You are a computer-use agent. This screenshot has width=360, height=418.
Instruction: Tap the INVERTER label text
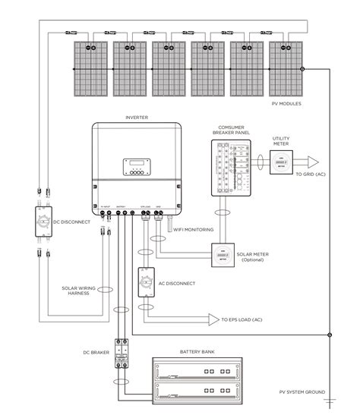pyautogui.click(x=136, y=117)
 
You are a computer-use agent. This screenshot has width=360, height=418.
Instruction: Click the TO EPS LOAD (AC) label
pyautogui.click(x=245, y=320)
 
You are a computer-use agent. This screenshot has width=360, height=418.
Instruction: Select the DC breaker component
pyautogui.click(x=120, y=354)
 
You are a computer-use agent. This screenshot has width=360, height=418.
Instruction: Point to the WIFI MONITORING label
pyautogui.click(x=193, y=229)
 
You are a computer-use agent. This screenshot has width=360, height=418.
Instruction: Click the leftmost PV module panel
pyautogui.click(x=90, y=67)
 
